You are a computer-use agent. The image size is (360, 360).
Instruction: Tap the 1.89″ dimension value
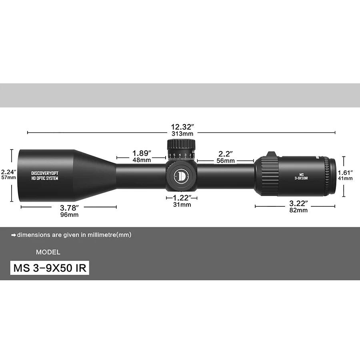coord(142,153)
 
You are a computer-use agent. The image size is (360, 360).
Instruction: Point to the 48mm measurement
coord(142,160)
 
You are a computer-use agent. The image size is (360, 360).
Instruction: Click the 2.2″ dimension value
coord(225,154)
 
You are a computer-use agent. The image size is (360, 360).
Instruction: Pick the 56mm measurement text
coord(225,161)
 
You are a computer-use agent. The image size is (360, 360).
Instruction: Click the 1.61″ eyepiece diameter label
coord(345,173)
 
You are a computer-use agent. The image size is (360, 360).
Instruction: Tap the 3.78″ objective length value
coord(69,207)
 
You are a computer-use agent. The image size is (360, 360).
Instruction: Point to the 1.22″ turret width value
coord(182,198)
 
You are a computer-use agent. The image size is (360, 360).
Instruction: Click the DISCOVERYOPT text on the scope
coord(44,173)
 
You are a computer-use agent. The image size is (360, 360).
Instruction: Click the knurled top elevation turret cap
coord(181,145)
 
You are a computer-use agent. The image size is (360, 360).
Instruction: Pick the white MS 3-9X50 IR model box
coord(50,268)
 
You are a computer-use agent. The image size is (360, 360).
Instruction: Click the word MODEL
coord(48,252)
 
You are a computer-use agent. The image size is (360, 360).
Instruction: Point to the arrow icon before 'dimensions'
coord(14,235)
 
